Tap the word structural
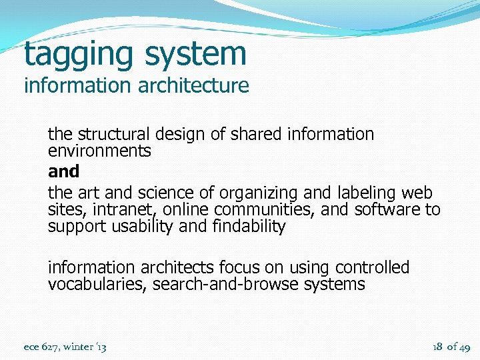[117, 134]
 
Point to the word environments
[99, 151]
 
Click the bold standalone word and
[63, 171]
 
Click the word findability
[247, 227]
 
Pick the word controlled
[372, 267]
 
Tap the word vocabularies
[97, 284]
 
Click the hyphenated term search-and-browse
[225, 284]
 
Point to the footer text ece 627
[40, 347]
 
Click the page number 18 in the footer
[438, 347]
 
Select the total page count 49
[465, 347]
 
